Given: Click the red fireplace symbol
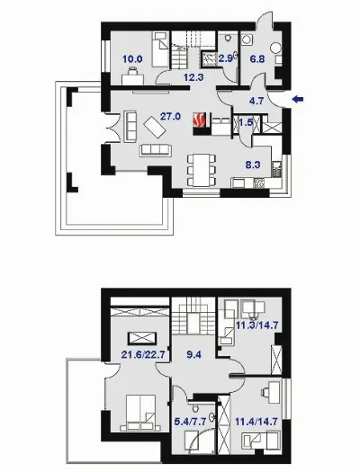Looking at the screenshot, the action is tap(200, 120).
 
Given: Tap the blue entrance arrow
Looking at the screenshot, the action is tap(298, 99).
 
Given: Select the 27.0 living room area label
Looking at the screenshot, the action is tap(170, 116).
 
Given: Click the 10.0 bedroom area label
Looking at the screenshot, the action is tap(132, 59).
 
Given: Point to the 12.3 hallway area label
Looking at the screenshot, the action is tap(193, 77).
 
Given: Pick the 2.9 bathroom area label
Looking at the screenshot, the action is tap(226, 58).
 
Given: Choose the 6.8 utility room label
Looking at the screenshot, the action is tap(257, 59).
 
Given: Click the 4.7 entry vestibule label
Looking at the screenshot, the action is tap(256, 101).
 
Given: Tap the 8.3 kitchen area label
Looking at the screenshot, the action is tap(253, 165).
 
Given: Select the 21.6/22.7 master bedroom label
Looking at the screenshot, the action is tap(143, 355).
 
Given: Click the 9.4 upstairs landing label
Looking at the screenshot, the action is tap(193, 355).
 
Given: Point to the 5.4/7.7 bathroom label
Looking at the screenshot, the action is tap(191, 422).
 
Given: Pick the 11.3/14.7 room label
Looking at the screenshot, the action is tap(257, 325).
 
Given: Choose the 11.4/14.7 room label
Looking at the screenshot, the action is tap(256, 422).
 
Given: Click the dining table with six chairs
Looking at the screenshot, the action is tap(202, 170).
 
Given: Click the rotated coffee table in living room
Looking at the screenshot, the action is tap(155, 128).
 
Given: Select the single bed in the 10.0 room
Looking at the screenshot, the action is tap(160, 49).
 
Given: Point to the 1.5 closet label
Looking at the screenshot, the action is tap(246, 122).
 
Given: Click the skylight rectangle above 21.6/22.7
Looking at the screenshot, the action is tap(142, 338).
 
